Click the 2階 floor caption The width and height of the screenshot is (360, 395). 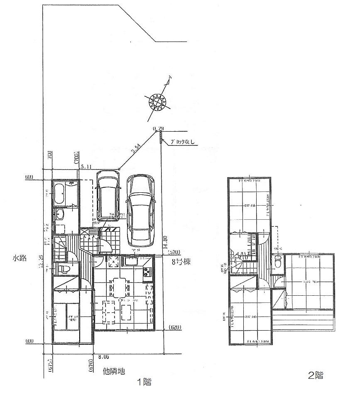click(316, 375)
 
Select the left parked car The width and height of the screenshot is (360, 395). click(108, 195)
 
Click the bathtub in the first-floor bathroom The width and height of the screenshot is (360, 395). click(59, 195)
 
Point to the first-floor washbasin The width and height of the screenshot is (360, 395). click(59, 214)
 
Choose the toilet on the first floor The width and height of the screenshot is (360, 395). click(62, 269)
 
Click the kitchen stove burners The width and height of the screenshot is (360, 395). click(148, 272)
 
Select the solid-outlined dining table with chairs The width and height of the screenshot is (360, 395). click(118, 287)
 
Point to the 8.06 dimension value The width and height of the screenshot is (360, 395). click(103, 356)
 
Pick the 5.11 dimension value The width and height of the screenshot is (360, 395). click(86, 167)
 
